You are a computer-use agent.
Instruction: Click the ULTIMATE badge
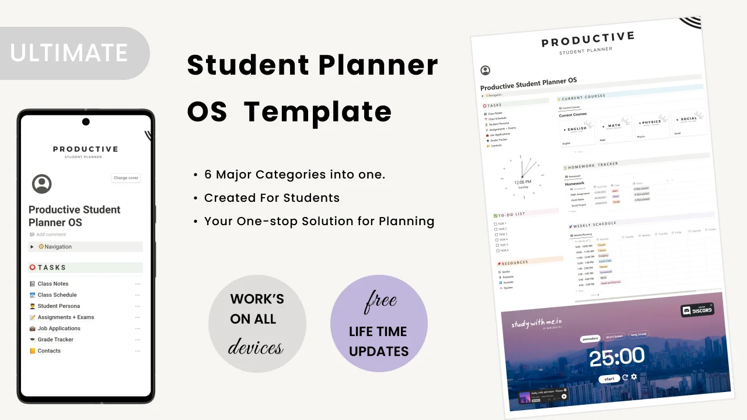click(69, 53)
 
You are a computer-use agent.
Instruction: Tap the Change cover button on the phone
click(126, 178)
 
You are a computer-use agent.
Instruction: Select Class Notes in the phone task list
click(53, 284)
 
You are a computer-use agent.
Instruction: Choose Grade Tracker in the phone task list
click(55, 339)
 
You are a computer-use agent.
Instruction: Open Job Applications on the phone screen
click(59, 328)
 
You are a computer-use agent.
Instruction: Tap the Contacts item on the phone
click(49, 351)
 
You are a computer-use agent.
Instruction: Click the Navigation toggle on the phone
click(33, 247)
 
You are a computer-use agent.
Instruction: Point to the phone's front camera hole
click(86, 122)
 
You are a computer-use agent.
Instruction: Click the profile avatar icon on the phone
click(41, 184)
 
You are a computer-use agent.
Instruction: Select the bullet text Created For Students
click(271, 198)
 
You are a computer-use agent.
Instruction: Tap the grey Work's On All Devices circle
click(257, 323)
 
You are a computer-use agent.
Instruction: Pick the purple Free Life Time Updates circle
click(379, 324)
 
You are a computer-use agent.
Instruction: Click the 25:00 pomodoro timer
click(617, 356)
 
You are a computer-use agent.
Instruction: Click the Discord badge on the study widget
click(697, 310)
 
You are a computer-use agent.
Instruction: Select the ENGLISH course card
click(576, 129)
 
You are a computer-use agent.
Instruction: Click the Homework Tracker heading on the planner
click(592, 166)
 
